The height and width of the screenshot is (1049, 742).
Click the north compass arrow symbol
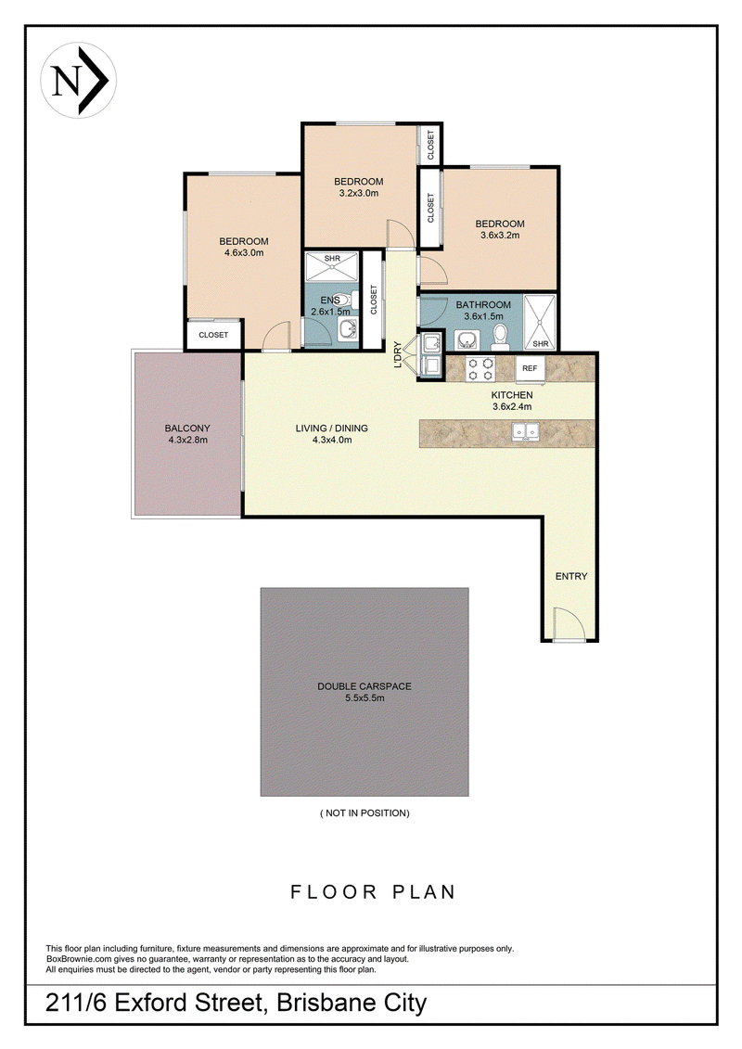point(78,81)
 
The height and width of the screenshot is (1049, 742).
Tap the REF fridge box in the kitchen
point(530,368)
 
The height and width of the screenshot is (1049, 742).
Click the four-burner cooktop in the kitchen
point(480,368)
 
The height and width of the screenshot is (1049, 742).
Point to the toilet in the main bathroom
point(500,338)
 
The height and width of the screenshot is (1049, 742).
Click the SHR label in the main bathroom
point(541,344)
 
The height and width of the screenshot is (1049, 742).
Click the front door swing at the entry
point(569,623)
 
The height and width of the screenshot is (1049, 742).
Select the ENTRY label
point(571,576)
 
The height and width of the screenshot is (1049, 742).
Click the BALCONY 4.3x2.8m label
point(187,434)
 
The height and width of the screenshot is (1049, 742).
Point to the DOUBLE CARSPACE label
point(364,686)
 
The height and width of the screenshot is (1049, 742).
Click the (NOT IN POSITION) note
point(365,812)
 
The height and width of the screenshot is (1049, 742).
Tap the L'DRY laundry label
point(398,354)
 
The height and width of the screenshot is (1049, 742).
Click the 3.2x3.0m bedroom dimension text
point(359,193)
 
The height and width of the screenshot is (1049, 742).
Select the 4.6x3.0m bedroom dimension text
point(244,253)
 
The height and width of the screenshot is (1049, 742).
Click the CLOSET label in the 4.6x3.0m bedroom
point(213,335)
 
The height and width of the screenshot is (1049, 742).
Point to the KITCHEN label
point(512,395)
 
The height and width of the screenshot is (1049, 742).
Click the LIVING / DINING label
point(332,429)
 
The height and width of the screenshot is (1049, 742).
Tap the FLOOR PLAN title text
point(373,891)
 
